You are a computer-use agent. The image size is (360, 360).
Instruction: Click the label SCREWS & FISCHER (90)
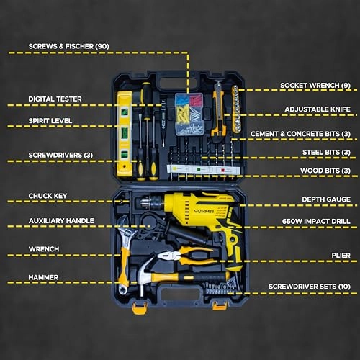[x=68, y=46]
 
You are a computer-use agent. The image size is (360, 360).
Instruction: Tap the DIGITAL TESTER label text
[x=55, y=99]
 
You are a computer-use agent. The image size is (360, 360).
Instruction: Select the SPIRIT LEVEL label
[x=50, y=120]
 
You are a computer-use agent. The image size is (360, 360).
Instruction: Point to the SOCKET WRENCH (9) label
[x=315, y=85]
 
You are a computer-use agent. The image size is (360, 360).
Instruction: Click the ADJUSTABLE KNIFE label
[x=318, y=109]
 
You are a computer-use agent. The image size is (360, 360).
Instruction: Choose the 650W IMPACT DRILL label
[x=316, y=221]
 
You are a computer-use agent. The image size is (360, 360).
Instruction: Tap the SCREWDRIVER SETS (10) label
[x=310, y=287]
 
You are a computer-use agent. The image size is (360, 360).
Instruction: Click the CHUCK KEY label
[x=48, y=196]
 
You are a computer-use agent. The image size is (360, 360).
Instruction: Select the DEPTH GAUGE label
[x=326, y=199]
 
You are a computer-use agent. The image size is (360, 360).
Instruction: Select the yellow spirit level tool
[x=125, y=134]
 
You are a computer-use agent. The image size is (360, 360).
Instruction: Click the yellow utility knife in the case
[x=218, y=112]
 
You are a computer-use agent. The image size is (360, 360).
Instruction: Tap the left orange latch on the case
[x=140, y=308]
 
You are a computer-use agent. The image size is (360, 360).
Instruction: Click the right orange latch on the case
[x=220, y=306]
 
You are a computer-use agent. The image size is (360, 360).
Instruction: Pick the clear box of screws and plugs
[x=189, y=114]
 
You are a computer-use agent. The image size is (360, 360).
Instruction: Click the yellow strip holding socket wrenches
[x=236, y=109]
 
